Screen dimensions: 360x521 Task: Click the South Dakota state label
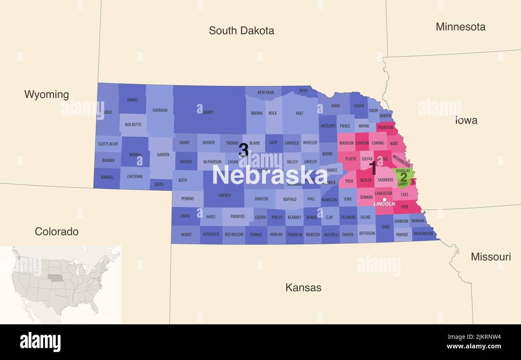click(241, 30)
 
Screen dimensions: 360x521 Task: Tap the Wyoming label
click(46, 95)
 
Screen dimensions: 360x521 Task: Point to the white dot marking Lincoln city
click(384, 199)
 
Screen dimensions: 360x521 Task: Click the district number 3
click(243, 150)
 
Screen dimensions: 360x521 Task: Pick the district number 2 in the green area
click(404, 177)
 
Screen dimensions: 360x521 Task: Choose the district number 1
click(373, 168)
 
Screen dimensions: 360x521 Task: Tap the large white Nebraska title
click(269, 175)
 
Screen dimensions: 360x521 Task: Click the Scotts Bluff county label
click(108, 144)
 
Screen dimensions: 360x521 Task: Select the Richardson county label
click(423, 233)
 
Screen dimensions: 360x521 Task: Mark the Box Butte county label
click(133, 125)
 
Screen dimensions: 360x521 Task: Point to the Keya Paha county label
click(266, 92)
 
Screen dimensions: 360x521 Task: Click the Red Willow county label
click(234, 235)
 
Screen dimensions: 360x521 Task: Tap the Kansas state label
click(303, 287)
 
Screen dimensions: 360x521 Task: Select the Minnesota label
click(460, 27)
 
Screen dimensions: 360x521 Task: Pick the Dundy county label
click(186, 235)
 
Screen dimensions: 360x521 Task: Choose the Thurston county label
click(385, 127)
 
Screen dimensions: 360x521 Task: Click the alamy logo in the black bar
click(40, 342)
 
